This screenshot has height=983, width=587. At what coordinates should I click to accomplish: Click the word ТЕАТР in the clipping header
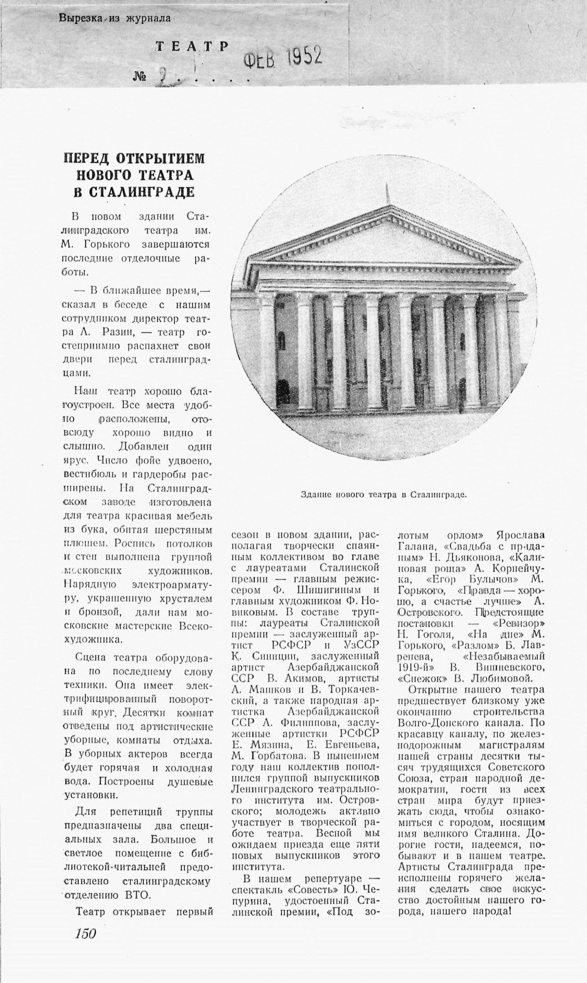pyautogui.click(x=193, y=47)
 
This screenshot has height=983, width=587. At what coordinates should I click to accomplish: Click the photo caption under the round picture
pyautogui.click(x=383, y=494)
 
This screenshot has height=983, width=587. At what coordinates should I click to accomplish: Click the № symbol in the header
pyautogui.click(x=140, y=76)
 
